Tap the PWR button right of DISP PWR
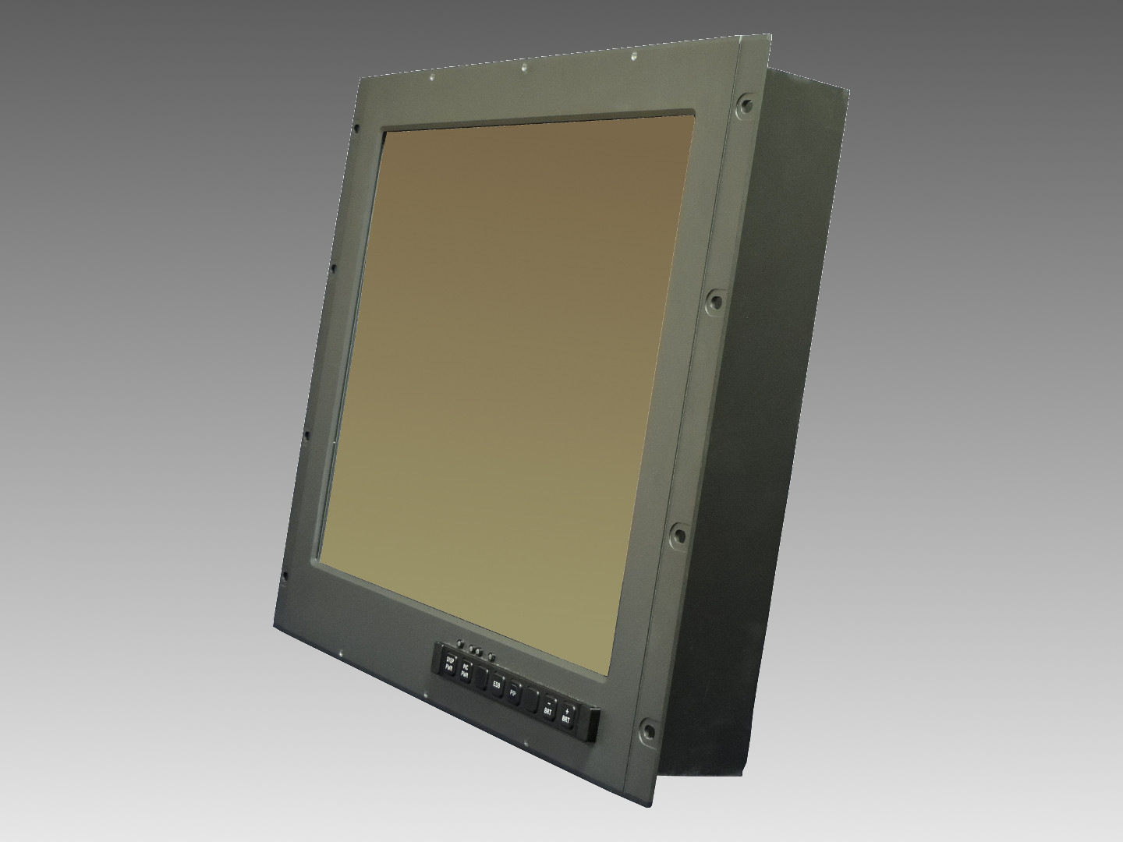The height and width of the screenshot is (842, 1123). point(465,670)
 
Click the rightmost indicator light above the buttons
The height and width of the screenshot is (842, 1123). point(491,656)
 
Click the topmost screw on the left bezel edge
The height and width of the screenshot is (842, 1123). point(356,129)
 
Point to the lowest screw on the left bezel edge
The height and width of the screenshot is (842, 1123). point(285,576)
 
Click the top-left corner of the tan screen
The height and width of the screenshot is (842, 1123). point(384,131)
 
